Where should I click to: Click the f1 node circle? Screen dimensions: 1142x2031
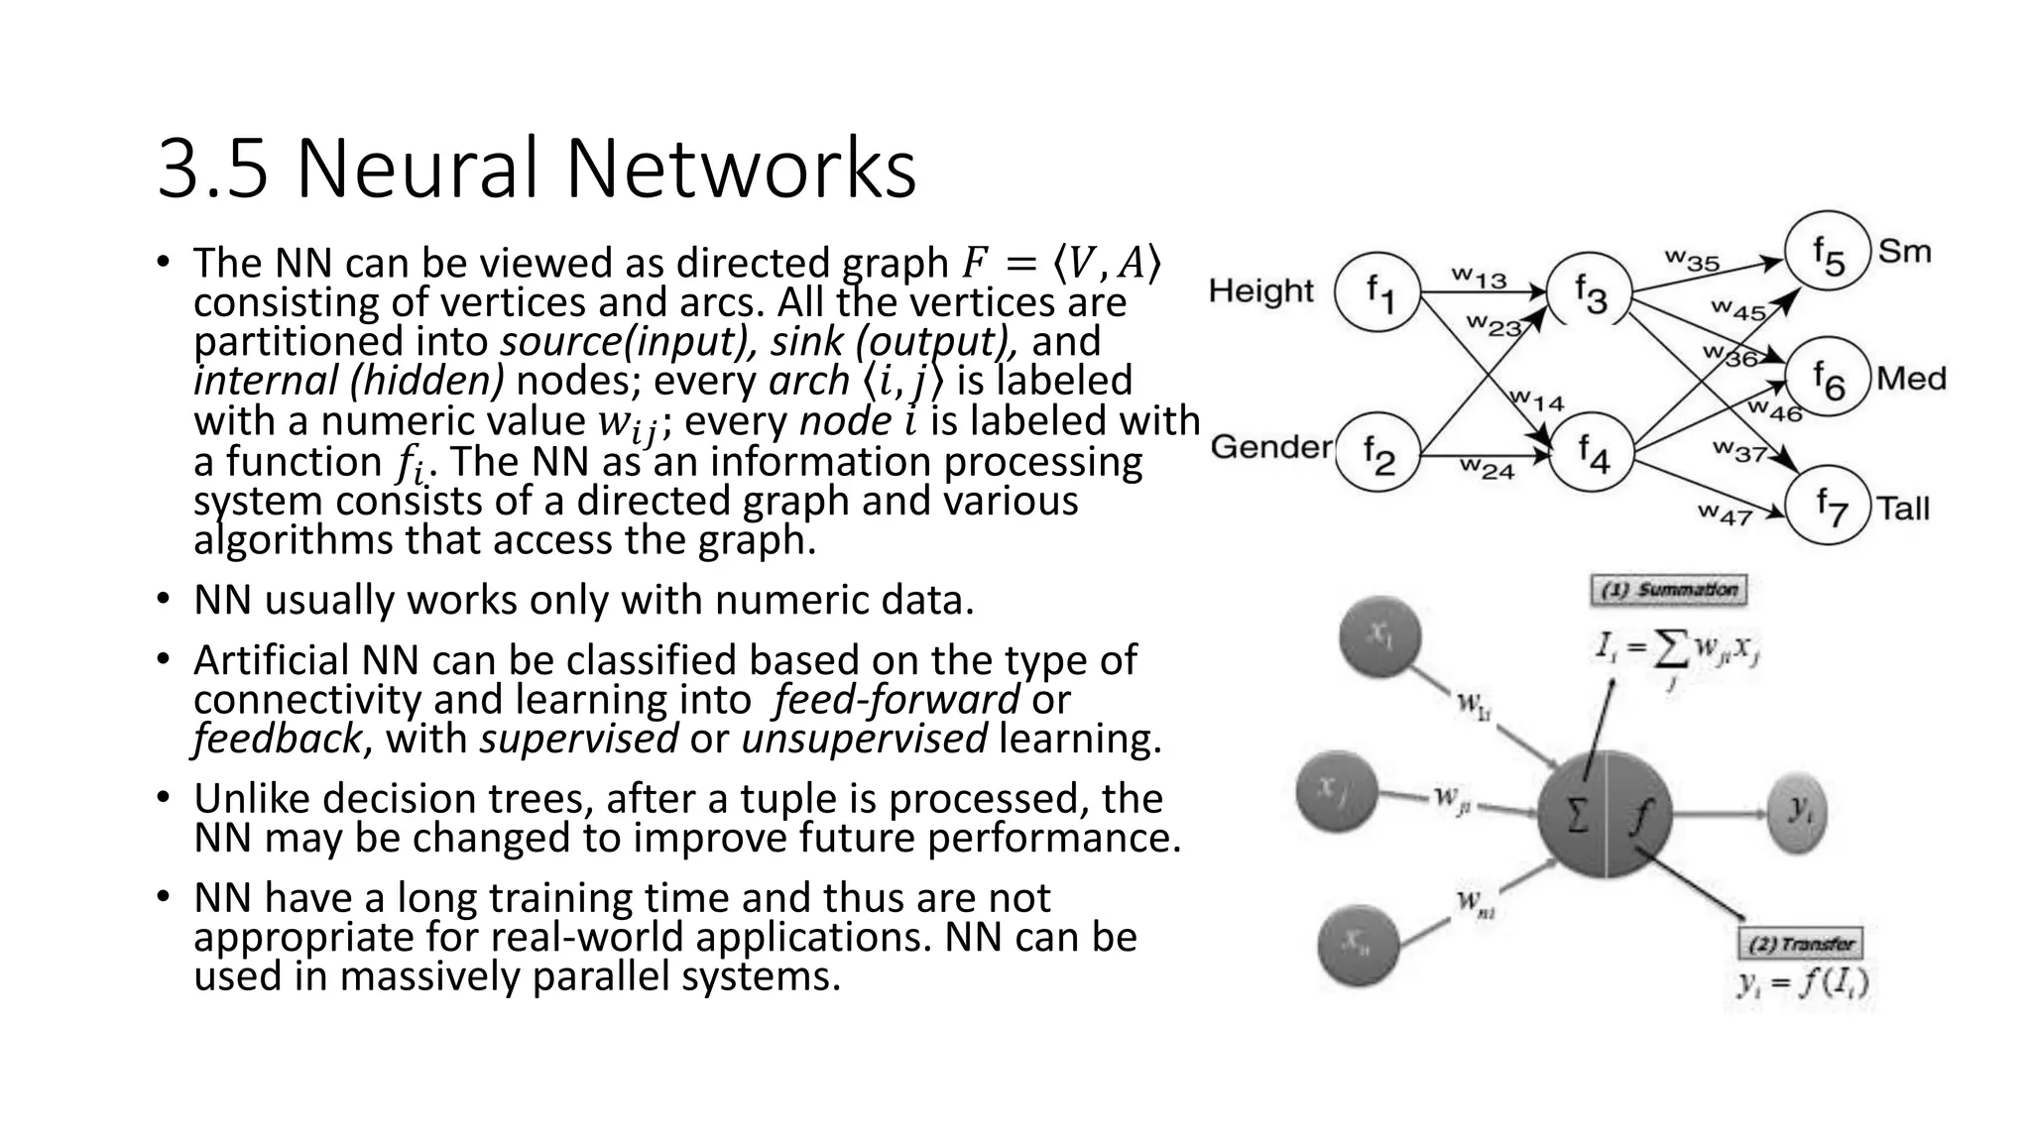1378,292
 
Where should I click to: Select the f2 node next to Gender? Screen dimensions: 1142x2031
1378,456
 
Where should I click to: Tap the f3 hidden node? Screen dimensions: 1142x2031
1590,294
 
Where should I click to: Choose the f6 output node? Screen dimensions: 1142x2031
1828,380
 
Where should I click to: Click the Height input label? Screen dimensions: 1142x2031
1260,291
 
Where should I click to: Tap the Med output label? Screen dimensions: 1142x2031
1911,379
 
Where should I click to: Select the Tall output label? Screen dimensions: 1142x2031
1903,510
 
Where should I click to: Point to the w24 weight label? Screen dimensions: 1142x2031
1486,469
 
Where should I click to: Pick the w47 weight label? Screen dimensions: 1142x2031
1725,514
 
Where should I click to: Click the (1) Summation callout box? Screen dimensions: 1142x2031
1669,591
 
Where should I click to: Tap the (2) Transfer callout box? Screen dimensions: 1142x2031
1802,943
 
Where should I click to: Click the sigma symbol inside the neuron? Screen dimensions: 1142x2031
1575,816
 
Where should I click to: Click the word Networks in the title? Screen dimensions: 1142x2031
741,170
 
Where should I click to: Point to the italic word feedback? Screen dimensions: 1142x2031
277,740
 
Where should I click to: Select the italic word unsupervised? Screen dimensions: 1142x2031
864,740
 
